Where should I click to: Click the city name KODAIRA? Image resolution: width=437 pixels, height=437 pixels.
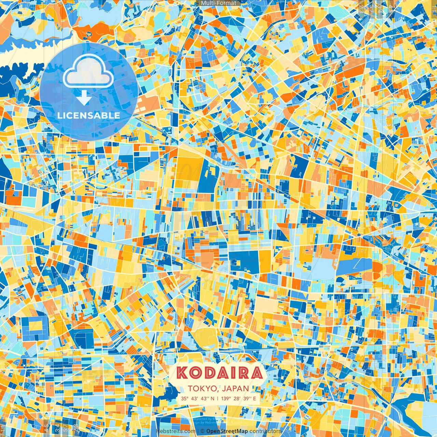(x=220, y=373)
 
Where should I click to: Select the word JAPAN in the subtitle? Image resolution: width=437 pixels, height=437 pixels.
(x=236, y=389)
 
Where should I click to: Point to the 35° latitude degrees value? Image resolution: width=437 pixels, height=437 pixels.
(x=185, y=398)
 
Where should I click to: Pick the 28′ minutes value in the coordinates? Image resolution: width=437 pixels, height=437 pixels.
(x=236, y=398)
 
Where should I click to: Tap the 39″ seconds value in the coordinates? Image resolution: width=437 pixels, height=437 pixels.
(x=246, y=398)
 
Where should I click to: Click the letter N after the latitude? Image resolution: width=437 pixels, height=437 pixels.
(x=213, y=398)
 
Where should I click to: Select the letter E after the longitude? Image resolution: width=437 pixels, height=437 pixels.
(x=254, y=398)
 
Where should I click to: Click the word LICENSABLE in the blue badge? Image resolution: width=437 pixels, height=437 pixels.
(x=89, y=115)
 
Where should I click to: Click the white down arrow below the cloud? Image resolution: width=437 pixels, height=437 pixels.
(x=84, y=99)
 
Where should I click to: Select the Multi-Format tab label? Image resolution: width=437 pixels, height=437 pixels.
(x=218, y=3)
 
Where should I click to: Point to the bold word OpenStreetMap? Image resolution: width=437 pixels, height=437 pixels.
(x=227, y=431)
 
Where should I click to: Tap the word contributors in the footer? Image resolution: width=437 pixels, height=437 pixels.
(x=265, y=431)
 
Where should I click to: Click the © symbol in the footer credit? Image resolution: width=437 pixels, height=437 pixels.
(x=202, y=431)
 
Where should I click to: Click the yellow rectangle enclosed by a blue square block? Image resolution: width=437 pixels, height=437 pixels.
(x=35, y=327)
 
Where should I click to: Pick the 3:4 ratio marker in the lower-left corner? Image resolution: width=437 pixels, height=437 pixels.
(x=57, y=428)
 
